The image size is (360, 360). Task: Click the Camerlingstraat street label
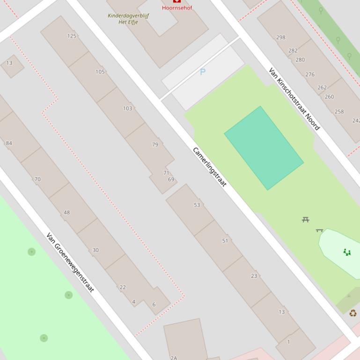tap(209, 167)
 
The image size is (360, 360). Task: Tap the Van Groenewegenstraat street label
tap(70, 262)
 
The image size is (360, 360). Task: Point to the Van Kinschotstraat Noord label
tap(294, 99)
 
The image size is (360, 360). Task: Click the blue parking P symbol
tap(203, 72)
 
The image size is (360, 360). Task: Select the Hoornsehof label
tap(177, 7)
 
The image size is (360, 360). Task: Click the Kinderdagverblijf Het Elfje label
tap(128, 19)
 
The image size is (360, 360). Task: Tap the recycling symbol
tap(353, 313)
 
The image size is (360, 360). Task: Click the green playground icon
tap(347, 252)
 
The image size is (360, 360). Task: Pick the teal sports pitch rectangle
tap(264, 148)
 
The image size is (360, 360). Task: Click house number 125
tap(72, 36)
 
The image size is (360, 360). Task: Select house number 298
tap(281, 37)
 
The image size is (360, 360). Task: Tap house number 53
tap(197, 205)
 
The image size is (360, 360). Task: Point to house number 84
tap(9, 143)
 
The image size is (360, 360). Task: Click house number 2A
tap(174, 358)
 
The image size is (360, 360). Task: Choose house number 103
tap(127, 108)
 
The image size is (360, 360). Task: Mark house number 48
tap(66, 212)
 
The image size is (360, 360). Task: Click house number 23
tap(254, 276)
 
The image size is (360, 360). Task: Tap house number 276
tap(310, 74)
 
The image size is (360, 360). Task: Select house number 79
tap(155, 144)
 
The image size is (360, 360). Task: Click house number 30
tap(96, 250)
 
